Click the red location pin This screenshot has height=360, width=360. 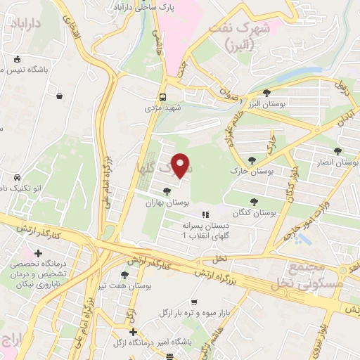tap(181, 166)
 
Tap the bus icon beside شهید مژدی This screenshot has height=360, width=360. tap(163, 97)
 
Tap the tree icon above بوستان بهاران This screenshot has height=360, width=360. tap(167, 191)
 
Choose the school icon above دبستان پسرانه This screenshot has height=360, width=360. tap(205, 214)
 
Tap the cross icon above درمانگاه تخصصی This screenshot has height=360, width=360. tap(38, 253)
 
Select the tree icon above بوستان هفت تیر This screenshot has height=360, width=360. tap(124, 275)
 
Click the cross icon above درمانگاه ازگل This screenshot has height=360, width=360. tap(133, 332)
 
